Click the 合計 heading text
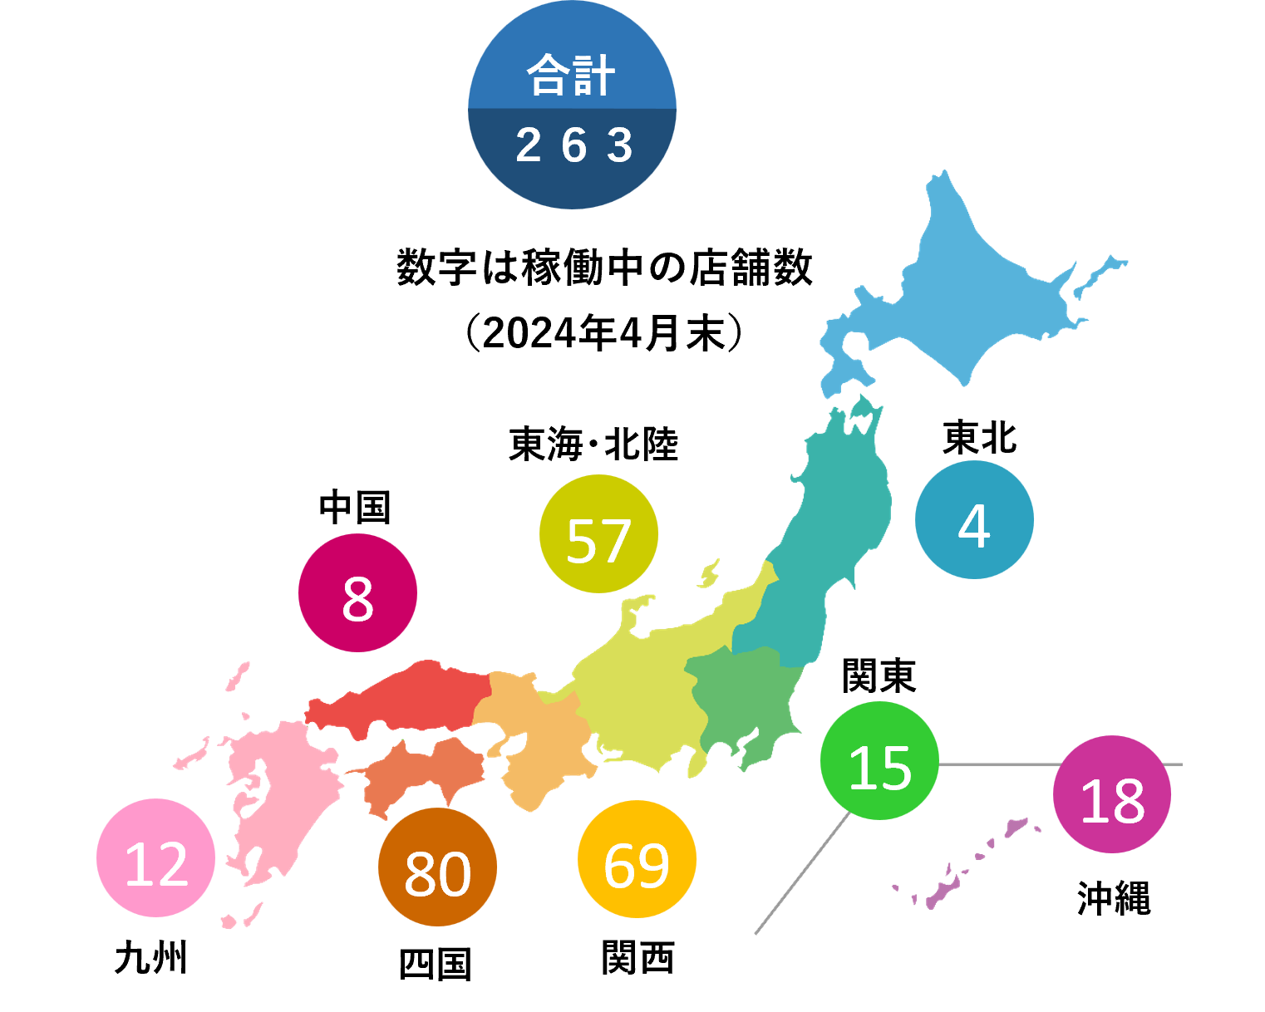[571, 76]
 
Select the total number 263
[573, 146]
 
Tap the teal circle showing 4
[974, 520]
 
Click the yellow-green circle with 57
[598, 534]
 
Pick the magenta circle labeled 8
[357, 593]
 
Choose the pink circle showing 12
[155, 858]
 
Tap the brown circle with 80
[437, 867]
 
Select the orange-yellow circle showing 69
[637, 859]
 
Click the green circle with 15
[879, 761]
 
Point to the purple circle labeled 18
[1112, 794]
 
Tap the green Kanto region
[744, 698]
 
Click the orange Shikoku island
[424, 773]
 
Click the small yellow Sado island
[709, 573]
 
